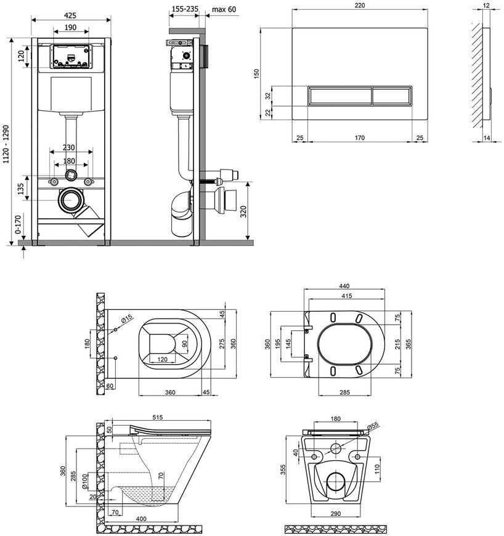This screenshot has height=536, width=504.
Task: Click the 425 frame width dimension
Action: pos(70,15)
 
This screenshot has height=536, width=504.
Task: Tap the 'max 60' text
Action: pos(224,9)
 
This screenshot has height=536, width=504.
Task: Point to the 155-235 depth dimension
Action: pos(185,9)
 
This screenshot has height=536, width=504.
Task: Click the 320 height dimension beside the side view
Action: pos(243,212)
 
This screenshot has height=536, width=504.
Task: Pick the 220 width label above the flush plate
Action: pos(360,5)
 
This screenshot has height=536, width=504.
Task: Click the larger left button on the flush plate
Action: pos(339,96)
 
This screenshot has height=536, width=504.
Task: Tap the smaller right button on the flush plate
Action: pos(391,96)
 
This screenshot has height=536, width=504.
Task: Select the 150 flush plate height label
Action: pos(257,74)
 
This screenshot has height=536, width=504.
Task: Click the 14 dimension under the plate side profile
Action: pos(487,138)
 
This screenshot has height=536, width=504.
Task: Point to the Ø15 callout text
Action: pos(126,319)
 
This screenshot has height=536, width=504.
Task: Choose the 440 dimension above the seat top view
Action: pos(344,286)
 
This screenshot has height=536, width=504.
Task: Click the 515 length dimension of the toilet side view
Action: pos(158,417)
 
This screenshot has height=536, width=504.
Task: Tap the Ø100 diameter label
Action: pos(85,482)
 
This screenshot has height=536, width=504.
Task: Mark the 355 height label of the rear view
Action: pos(283,469)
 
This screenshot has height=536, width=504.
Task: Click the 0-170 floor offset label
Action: pos(18,224)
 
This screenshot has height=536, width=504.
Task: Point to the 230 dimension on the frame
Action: pos(69,147)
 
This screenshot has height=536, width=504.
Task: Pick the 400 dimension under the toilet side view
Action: pos(141,519)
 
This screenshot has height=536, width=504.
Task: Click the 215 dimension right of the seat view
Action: pos(397,344)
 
